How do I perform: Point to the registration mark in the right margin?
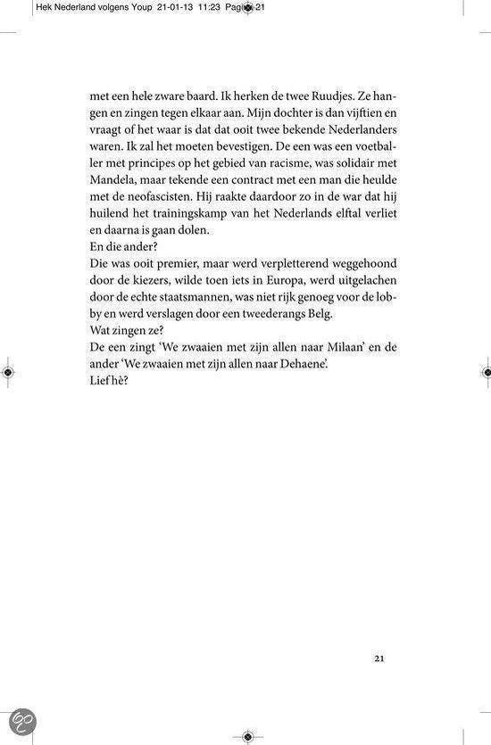tap(483, 372)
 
